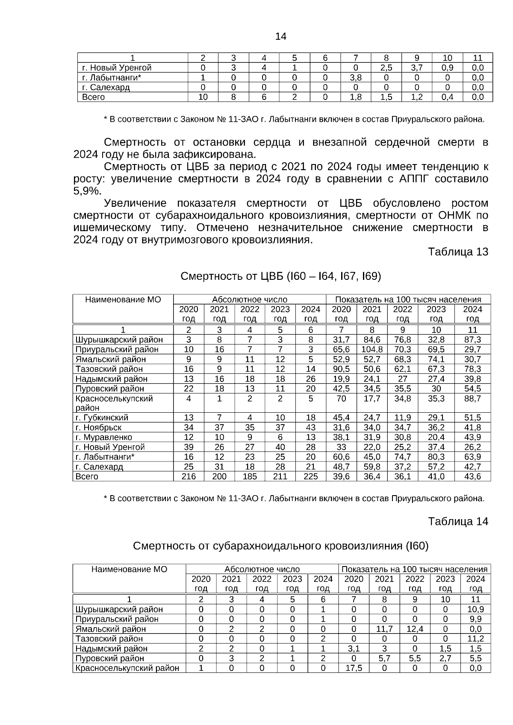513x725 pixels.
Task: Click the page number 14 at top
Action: [x=280, y=36]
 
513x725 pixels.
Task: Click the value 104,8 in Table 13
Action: [x=372, y=349]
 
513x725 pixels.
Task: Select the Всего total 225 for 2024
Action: [x=311, y=476]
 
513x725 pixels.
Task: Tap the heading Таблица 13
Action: [x=458, y=252]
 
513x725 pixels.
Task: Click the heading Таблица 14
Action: [x=458, y=522]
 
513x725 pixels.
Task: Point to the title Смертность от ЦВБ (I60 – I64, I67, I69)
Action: [x=280, y=276]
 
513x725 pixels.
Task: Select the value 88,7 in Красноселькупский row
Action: [x=472, y=399]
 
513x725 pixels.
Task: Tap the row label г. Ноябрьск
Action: [x=98, y=427]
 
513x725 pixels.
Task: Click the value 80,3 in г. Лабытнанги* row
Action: [x=436, y=457]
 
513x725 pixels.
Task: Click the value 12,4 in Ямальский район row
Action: [x=415, y=629]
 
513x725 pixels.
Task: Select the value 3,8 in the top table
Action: [x=356, y=78]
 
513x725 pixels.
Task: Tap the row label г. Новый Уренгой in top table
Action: [x=117, y=68]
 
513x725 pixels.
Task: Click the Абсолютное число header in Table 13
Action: [x=250, y=299]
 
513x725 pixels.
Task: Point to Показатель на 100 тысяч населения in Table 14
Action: [x=414, y=569]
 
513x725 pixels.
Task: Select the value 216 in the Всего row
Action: [x=189, y=476]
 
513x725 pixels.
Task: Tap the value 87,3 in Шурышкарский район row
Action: [x=472, y=340]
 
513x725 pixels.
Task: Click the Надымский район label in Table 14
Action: [x=111, y=649]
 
